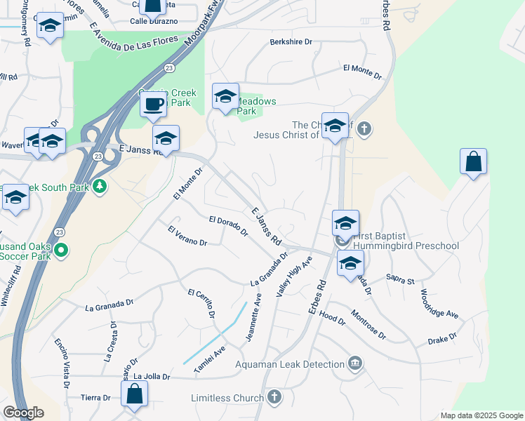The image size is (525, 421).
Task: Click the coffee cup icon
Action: (152, 105)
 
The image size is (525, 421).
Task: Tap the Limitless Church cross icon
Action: (274, 398)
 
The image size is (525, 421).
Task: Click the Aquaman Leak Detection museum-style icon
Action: (356, 363)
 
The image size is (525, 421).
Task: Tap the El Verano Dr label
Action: (187, 236)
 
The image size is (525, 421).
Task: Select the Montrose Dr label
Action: (368, 325)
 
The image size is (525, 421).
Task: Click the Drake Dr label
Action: (442, 340)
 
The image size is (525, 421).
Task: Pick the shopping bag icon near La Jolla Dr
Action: (135, 394)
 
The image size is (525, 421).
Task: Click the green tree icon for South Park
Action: (100, 187)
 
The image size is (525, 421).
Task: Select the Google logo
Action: (23, 413)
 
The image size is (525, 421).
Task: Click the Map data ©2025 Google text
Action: (481, 415)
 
